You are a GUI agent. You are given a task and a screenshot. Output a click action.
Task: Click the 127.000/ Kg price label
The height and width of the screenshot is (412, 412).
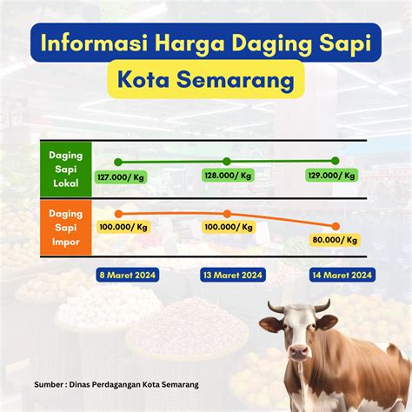(121, 177)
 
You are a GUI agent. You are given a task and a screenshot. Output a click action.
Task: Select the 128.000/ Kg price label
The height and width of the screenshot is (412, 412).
(228, 176)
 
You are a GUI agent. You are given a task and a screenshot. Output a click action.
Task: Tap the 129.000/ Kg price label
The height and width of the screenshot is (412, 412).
(331, 176)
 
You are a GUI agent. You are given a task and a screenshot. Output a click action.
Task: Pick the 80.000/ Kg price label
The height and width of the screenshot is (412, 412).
(335, 240)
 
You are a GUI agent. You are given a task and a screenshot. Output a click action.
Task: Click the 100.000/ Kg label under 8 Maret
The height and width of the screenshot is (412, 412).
(123, 227)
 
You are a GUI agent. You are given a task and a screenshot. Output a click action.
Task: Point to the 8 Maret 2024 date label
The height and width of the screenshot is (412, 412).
(128, 275)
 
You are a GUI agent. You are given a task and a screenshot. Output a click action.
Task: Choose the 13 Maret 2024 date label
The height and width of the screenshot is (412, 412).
(233, 275)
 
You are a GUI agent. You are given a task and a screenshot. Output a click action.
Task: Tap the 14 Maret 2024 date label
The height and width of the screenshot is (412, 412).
(342, 275)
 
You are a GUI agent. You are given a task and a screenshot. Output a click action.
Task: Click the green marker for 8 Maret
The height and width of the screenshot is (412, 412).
(118, 162)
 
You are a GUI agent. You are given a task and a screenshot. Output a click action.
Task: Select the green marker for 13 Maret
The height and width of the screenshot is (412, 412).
(227, 162)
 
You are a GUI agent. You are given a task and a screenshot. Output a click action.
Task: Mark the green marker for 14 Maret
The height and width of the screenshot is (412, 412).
(336, 161)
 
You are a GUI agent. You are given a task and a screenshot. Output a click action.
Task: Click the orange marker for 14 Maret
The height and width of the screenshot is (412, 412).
(336, 226)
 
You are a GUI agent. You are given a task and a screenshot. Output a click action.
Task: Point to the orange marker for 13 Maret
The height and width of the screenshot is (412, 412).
(228, 214)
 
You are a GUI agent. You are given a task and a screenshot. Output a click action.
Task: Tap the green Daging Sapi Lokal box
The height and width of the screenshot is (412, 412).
(66, 169)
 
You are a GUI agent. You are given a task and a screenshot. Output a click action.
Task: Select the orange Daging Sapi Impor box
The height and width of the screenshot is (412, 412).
(66, 228)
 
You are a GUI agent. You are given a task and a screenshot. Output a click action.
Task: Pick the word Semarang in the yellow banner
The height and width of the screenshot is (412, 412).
(236, 79)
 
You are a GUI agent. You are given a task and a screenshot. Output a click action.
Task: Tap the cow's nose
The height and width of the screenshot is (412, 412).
(299, 352)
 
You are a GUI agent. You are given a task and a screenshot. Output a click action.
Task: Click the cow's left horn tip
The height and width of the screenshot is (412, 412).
(269, 302)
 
